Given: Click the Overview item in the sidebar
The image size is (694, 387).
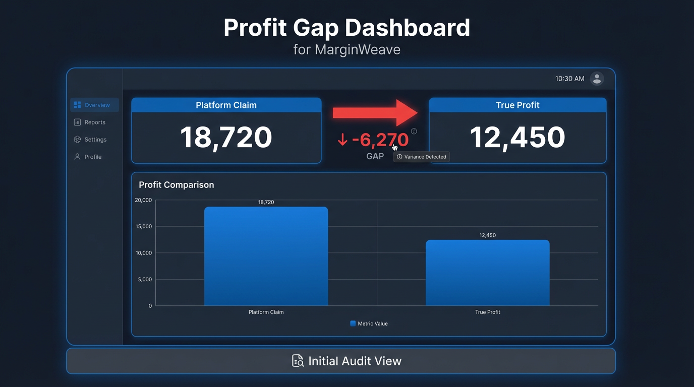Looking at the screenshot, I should point(95,105).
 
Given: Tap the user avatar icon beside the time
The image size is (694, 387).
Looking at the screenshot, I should point(597,79).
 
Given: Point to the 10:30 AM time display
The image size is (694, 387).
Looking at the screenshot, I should point(569,79).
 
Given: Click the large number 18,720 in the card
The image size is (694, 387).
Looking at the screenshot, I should point(226,137).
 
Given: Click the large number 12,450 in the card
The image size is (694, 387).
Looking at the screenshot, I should point(517,137).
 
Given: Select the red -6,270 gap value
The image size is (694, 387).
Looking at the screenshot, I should point(379,140).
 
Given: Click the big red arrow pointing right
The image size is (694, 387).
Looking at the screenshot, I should point(375,113).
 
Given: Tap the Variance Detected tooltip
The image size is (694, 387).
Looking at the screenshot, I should point(422,157).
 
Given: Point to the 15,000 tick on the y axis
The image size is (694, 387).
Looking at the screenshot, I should point(144,227).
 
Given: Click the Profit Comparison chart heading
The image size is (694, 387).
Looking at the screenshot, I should point(177,185).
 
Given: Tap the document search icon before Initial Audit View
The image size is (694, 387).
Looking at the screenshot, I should point(298,361).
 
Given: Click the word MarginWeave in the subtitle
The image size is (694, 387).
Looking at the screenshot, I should point(358,50).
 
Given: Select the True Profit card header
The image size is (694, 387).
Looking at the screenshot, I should point(517,105).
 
